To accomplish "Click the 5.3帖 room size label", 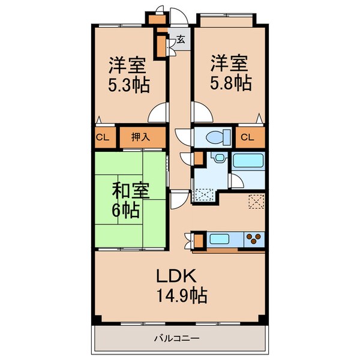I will (128, 84).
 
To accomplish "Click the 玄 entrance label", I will (180, 41).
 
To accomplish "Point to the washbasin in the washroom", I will (219, 159).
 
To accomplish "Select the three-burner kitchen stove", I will (253, 239).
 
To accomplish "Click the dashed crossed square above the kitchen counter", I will (256, 202).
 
